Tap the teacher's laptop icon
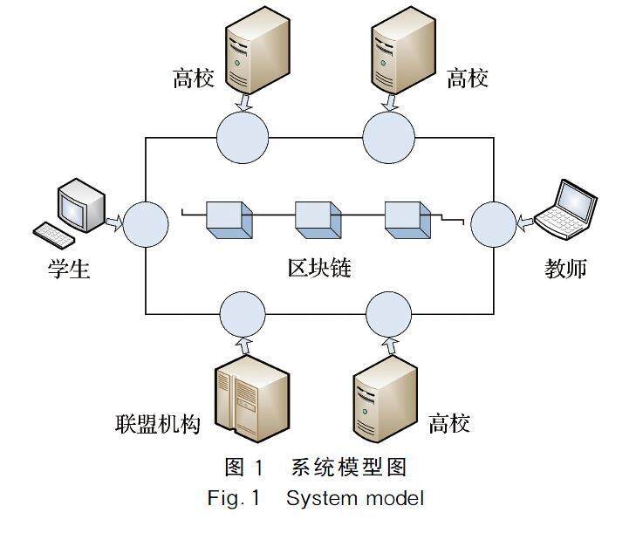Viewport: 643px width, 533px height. (x=567, y=208)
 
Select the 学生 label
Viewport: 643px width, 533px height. (x=69, y=269)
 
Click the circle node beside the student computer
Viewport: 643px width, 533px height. (x=145, y=224)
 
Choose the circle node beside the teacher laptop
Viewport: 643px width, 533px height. (x=494, y=224)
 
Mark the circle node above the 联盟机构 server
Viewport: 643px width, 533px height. (x=242, y=314)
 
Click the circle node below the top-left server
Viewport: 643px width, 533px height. (x=242, y=138)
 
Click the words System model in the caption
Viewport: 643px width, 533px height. (x=354, y=498)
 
